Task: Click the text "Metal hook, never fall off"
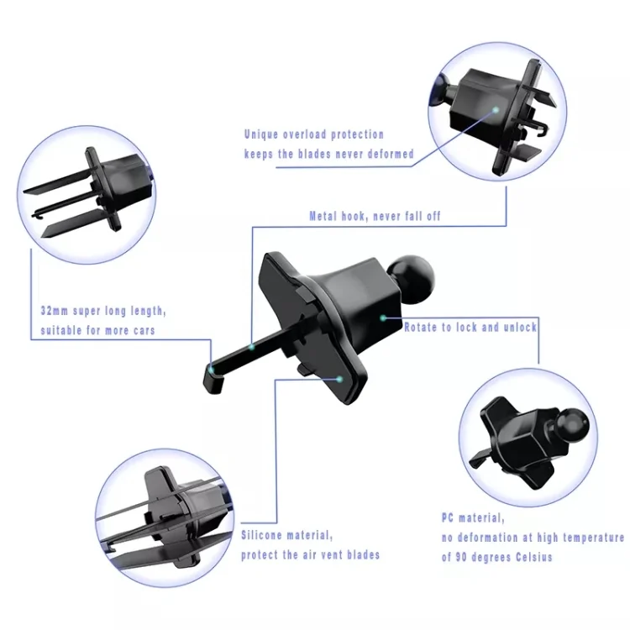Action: (x=374, y=216)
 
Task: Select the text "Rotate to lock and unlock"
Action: (x=470, y=327)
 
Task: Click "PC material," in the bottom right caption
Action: (x=473, y=518)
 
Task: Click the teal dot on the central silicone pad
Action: (x=339, y=379)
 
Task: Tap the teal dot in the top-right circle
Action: (x=496, y=109)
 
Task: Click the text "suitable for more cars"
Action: (x=97, y=330)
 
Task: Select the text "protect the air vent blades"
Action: (x=310, y=554)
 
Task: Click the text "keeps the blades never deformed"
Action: (x=328, y=154)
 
